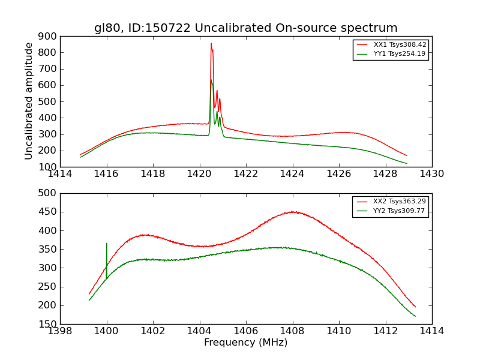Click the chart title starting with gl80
coord(245,28)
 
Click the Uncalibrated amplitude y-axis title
coord(29,101)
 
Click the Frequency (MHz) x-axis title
coord(245,343)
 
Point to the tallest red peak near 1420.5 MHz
coord(211,43)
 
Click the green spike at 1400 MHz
coord(107,244)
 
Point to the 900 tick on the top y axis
coord(47,36)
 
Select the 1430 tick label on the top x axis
coord(431,174)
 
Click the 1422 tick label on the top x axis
coord(246,174)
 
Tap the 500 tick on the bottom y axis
coord(47,193)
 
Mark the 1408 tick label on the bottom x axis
coord(292,331)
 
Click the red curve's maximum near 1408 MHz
coord(292,212)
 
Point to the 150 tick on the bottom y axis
coord(47,324)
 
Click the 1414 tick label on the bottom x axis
coord(431,331)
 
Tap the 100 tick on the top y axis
coord(47,167)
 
